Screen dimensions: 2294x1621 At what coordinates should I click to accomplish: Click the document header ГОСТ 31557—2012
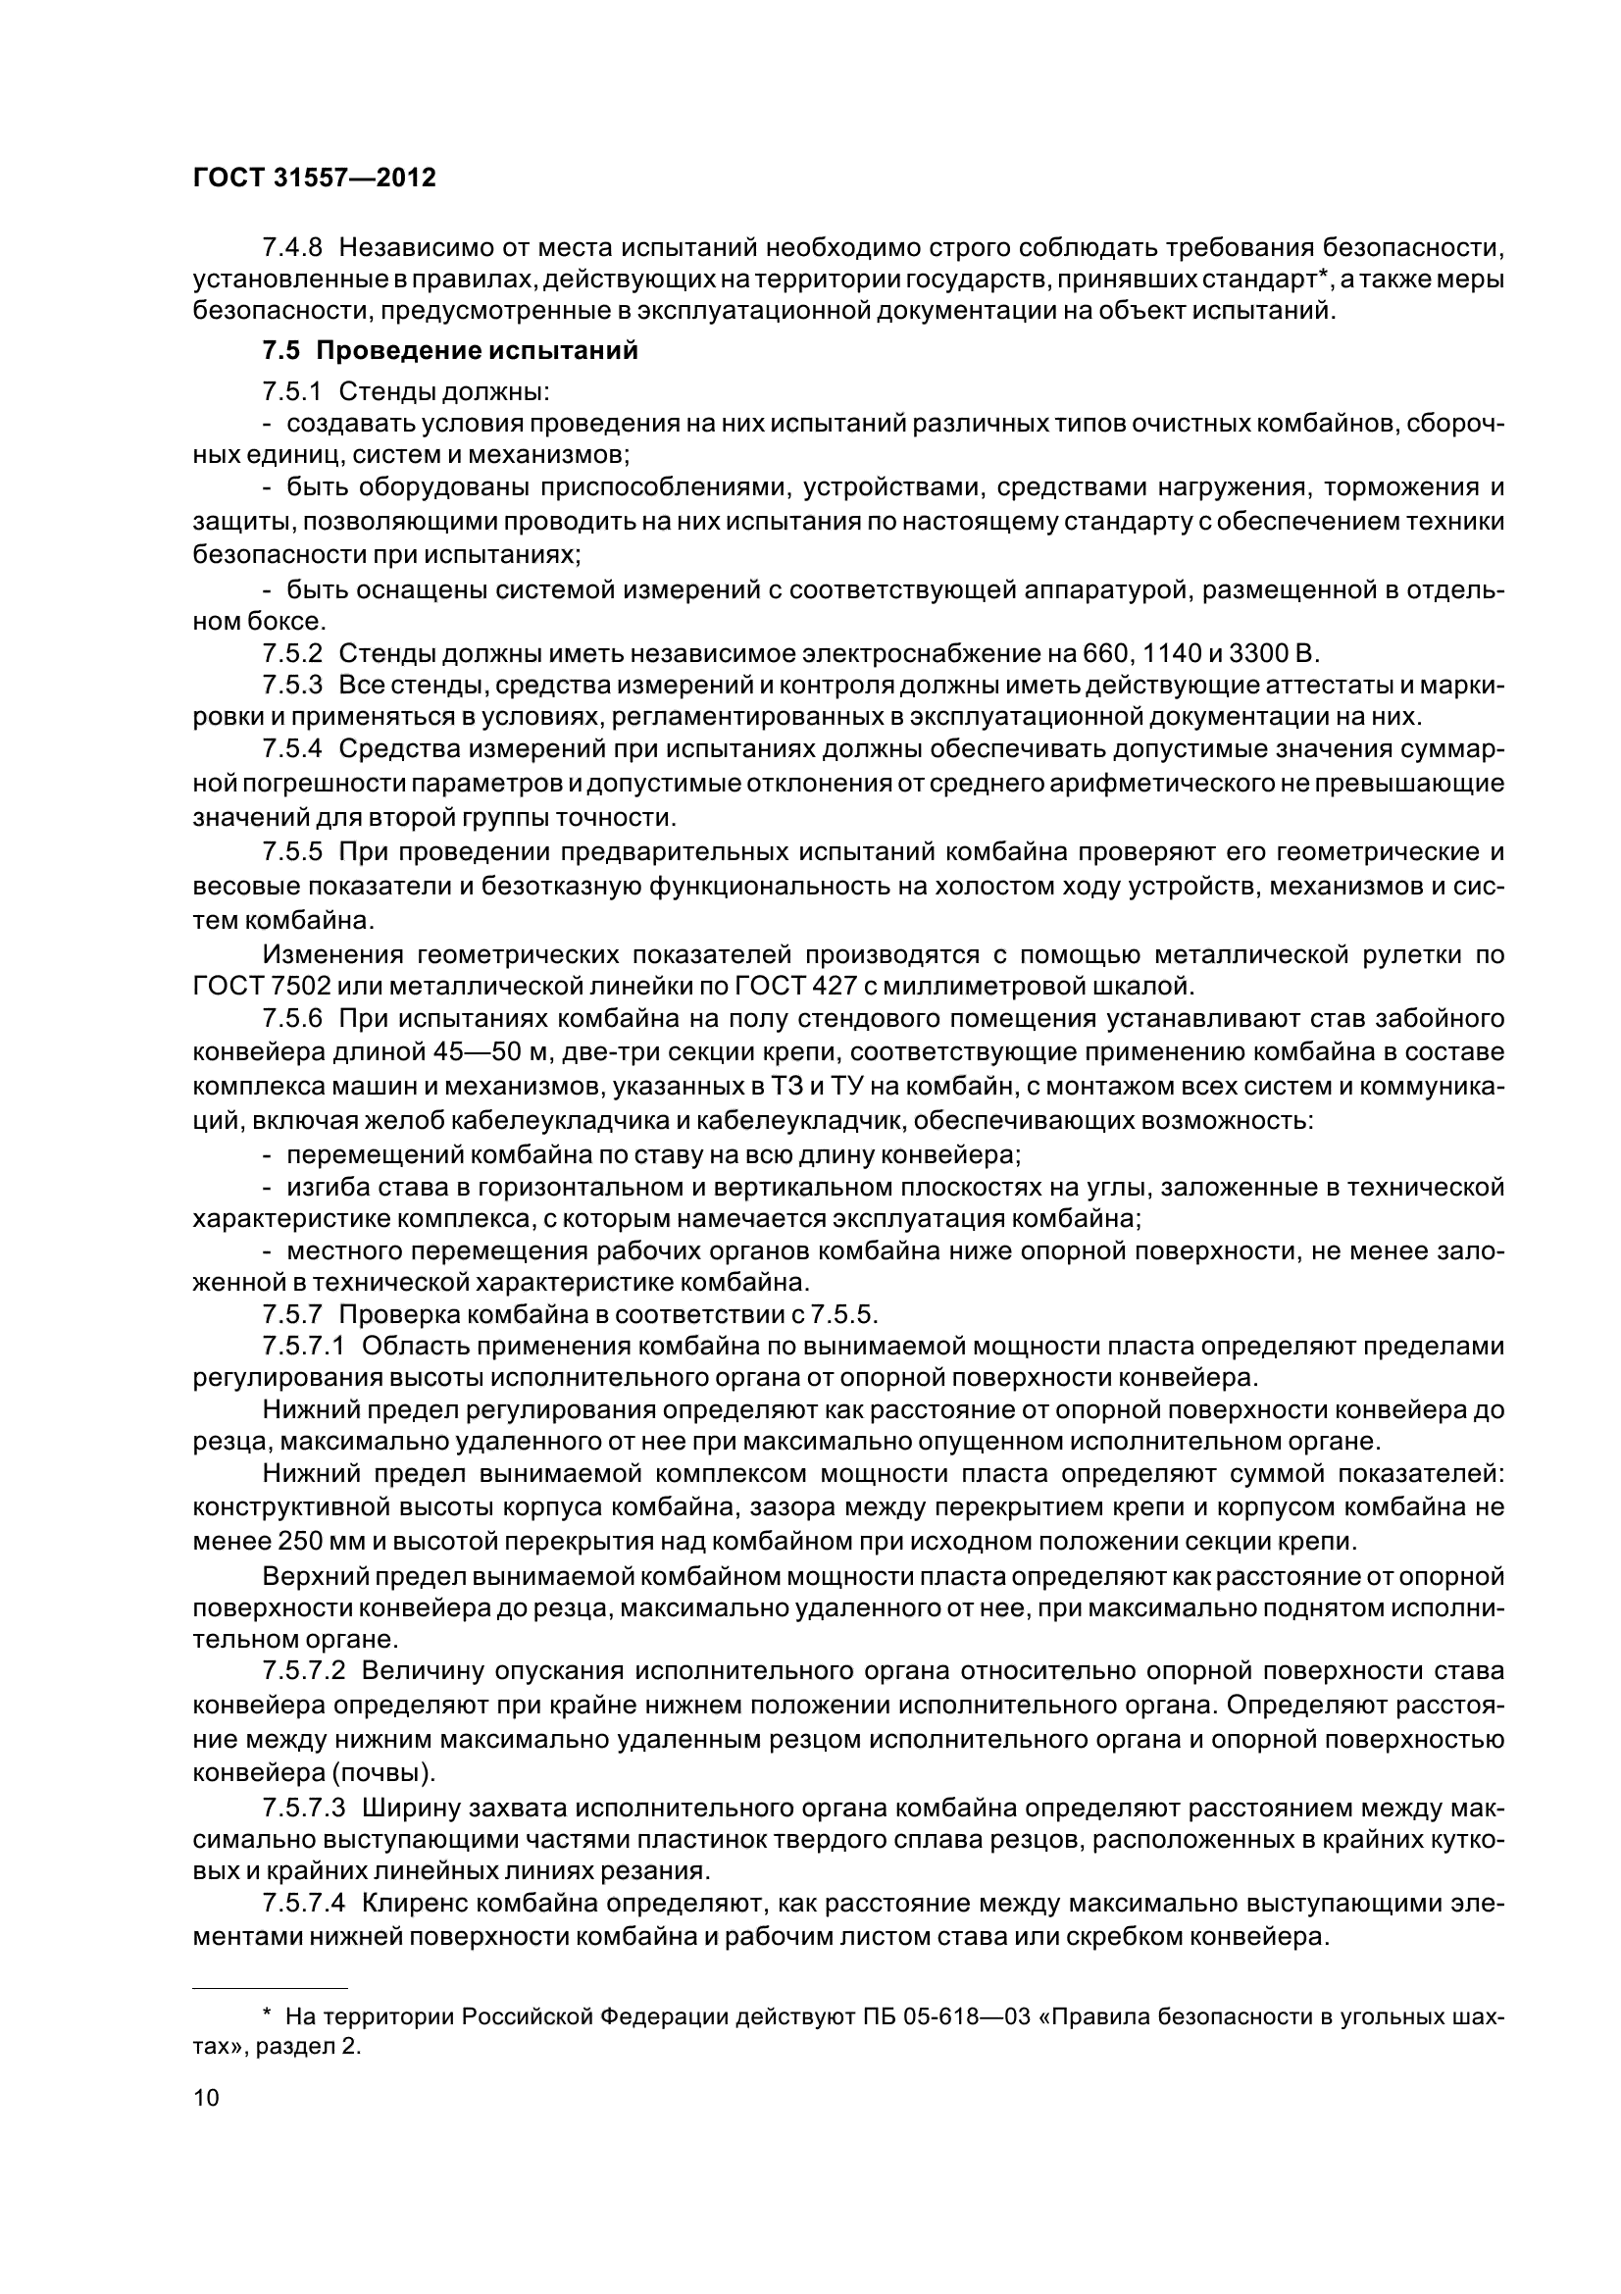coord(314,178)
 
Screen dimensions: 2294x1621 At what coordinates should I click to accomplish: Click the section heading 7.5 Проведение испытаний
coord(449,352)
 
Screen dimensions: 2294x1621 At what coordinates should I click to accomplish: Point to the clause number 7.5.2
coord(292,653)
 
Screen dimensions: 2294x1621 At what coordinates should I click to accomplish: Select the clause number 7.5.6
coord(292,1019)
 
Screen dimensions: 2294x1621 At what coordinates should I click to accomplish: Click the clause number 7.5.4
coord(292,751)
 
